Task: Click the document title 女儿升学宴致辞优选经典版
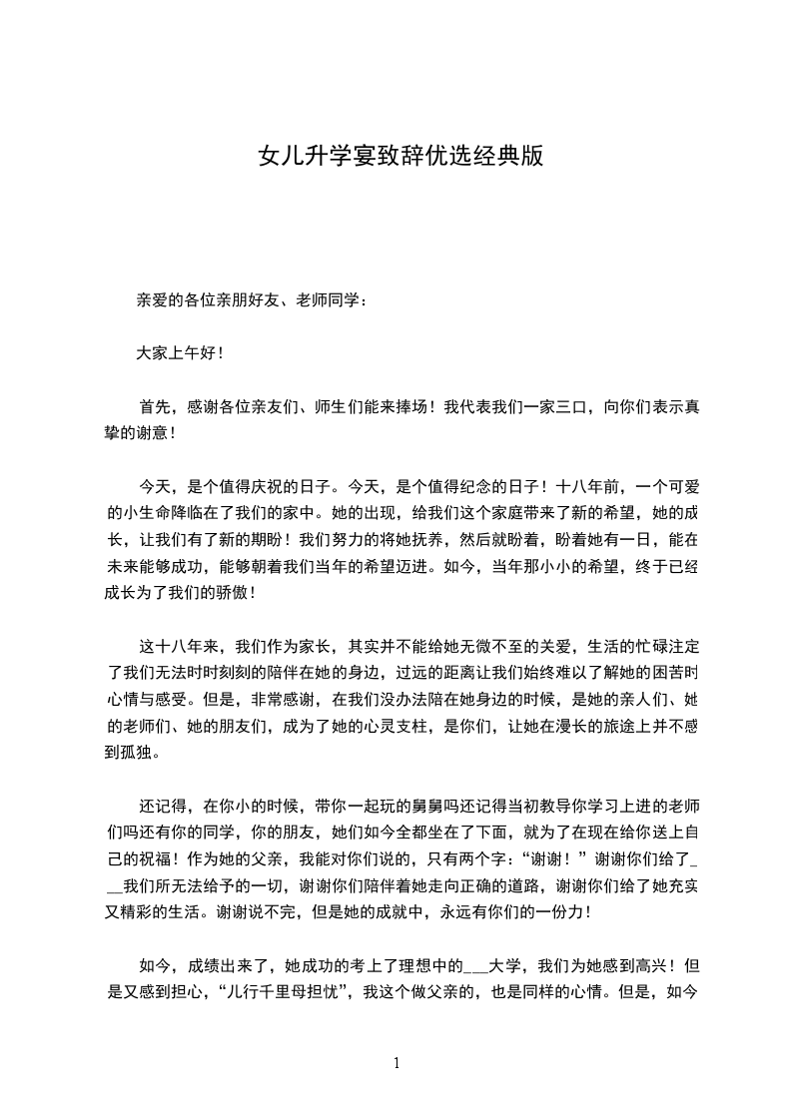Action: (x=400, y=157)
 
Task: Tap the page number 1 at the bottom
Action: (x=396, y=1064)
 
